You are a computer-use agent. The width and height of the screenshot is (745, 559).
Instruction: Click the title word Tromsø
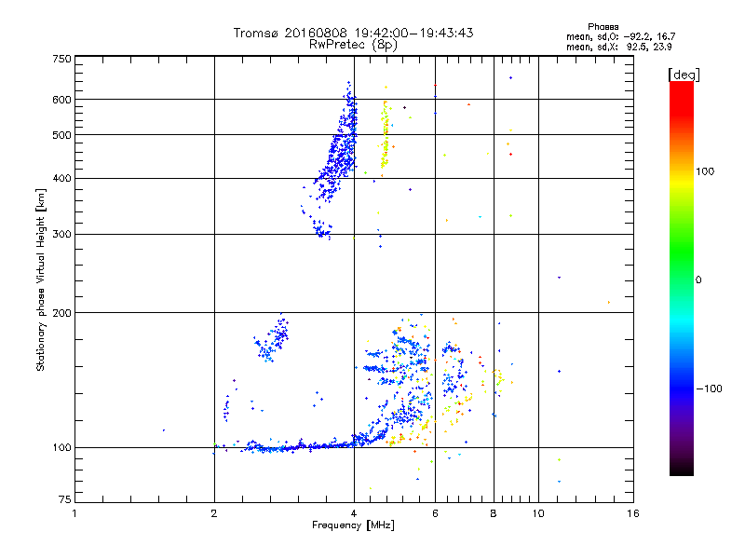258,34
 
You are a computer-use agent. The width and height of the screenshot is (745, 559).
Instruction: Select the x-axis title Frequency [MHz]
353,526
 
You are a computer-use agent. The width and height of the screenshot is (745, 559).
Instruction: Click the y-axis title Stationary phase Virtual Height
41,279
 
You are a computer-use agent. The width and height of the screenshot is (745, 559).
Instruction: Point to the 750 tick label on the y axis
61,59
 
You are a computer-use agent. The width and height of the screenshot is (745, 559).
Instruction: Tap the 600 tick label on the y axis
61,99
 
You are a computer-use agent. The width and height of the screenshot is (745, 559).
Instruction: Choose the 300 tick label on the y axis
61,234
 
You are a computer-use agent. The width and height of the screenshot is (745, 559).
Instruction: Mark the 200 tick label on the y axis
61,312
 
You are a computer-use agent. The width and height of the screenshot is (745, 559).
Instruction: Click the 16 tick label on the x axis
632,513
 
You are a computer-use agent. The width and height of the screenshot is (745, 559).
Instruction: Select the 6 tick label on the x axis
436,513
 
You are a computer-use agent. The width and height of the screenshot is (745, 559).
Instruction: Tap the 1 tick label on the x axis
74,513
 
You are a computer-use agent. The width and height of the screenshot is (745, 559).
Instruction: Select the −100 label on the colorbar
711,388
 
